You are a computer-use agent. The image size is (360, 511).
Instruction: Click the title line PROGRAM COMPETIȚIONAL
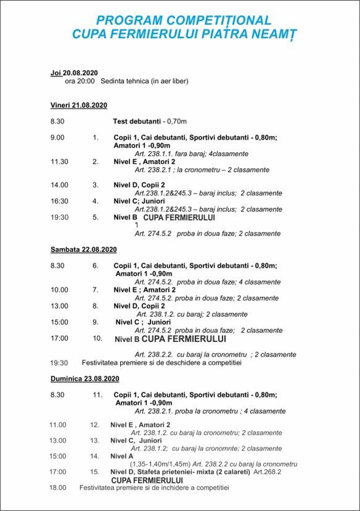coord(183,20)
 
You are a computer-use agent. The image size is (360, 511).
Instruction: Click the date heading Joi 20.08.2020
coord(74,73)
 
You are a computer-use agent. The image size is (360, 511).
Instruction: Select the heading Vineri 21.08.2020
coord(79,105)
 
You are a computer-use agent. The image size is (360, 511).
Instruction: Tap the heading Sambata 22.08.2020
coord(83,250)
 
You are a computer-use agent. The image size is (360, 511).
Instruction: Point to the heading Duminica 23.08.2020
coord(85,379)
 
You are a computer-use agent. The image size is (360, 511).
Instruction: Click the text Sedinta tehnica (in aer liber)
coord(145,81)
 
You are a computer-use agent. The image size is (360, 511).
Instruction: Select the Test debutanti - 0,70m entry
coord(150,121)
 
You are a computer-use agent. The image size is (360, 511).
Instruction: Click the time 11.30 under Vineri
coord(59,161)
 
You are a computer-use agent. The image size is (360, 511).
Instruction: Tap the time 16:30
coord(59,201)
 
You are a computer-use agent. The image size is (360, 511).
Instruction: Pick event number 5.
coord(95,217)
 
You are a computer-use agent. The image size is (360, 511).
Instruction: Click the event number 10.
coord(97,338)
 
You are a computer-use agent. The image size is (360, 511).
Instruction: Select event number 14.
coord(95,456)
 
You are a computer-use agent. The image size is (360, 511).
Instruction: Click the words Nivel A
coord(122,456)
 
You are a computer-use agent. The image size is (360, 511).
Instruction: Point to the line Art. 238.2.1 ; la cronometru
coord(202,170)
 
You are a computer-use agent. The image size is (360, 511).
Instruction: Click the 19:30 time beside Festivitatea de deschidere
coord(59,363)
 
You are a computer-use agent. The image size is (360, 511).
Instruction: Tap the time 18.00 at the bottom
coord(57,488)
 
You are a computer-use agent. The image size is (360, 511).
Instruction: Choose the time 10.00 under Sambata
coord(59,290)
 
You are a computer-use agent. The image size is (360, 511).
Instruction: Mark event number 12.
coord(95,425)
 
